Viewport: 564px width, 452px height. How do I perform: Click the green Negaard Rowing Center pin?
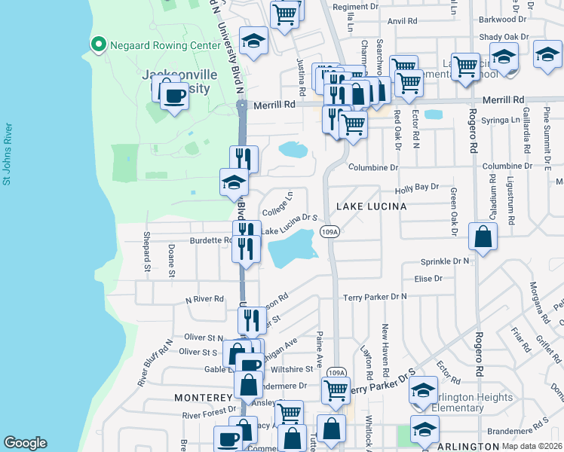97,45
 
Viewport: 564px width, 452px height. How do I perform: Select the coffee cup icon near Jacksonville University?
174,96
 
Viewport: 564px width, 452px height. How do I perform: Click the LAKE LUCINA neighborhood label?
371,206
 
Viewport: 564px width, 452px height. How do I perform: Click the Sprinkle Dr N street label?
444,261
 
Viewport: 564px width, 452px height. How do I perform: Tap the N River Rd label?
205,299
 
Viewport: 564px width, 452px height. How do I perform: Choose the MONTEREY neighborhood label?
203,397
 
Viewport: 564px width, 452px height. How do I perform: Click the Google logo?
25,443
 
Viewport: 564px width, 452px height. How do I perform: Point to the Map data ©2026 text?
532,446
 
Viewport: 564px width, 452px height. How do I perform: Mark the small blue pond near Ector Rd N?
433,115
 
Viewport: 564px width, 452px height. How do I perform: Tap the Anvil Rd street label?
423,22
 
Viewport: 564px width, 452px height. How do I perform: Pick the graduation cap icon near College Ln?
234,182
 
